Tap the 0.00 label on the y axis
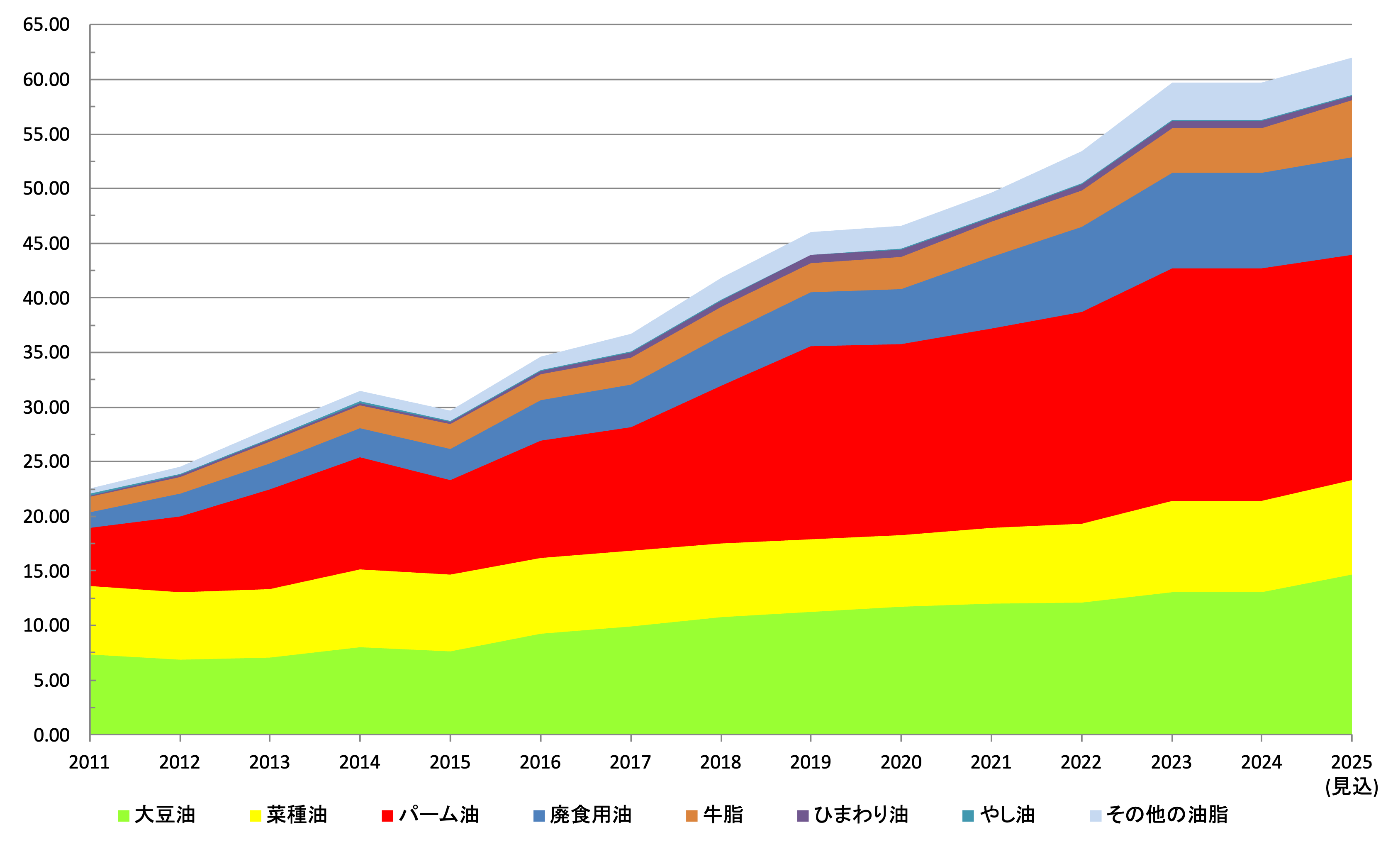51,735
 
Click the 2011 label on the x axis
89,762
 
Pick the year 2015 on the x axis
450,762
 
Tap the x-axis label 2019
810,762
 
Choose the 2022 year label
1081,762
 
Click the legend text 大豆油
165,815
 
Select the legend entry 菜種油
297,815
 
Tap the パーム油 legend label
439,815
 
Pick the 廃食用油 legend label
590,815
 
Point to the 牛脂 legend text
723,815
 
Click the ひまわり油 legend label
861,815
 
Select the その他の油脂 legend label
1167,815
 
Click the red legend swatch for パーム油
387,816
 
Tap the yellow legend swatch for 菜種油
255,816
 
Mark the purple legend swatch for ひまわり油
802,816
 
